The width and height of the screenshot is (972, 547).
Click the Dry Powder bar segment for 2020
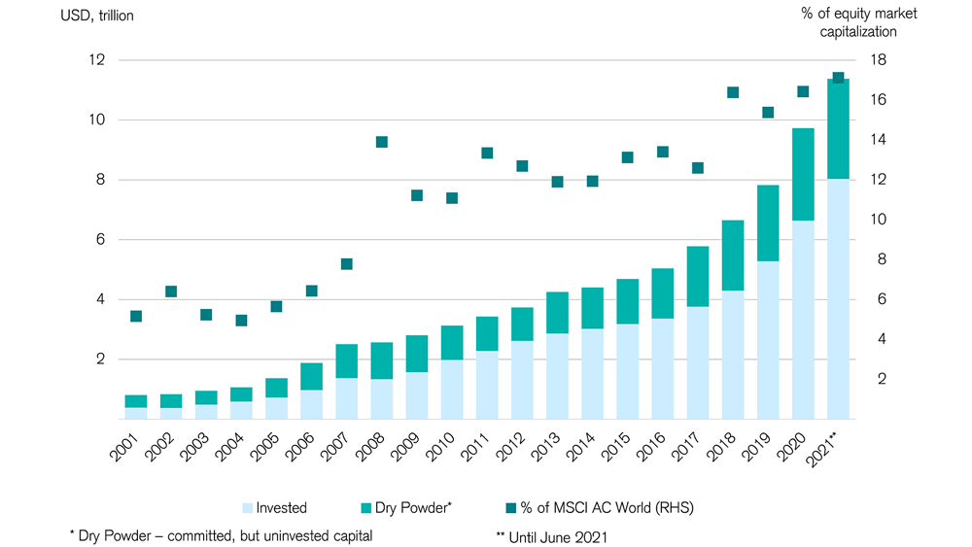point(803,174)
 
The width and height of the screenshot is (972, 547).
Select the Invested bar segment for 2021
point(838,298)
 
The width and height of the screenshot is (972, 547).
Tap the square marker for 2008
point(382,142)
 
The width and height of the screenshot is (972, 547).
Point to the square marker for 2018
point(733,92)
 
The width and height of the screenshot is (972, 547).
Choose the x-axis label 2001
point(124,447)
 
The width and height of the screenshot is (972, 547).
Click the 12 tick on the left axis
point(97,60)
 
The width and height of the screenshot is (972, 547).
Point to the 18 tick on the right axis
point(879,60)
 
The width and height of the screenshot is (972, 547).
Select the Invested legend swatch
point(247,508)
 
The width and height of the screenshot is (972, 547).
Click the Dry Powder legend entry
point(406,508)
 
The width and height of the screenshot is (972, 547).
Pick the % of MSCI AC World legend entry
point(600,508)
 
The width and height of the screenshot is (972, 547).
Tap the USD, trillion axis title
point(97,16)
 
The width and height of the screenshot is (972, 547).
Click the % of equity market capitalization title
point(858,22)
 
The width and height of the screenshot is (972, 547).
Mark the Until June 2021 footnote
point(552,537)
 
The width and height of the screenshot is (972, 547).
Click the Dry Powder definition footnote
point(222,536)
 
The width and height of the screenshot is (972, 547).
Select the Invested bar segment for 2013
point(557,376)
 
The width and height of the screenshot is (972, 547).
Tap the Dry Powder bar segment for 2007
point(347,361)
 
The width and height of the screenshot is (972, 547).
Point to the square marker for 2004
point(242,321)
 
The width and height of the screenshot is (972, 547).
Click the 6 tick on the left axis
point(101,240)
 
